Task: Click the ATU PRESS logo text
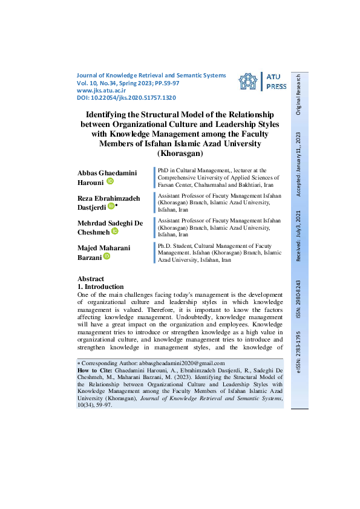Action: point(277,82)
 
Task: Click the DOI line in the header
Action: point(126,97)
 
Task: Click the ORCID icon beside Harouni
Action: point(110,181)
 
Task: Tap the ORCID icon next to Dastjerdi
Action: point(111,206)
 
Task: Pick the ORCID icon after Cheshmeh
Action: point(114,231)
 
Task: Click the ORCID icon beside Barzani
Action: point(107,256)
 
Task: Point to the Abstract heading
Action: point(91,279)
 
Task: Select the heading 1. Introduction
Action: point(101,287)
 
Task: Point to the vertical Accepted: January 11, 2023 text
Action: point(298,163)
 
